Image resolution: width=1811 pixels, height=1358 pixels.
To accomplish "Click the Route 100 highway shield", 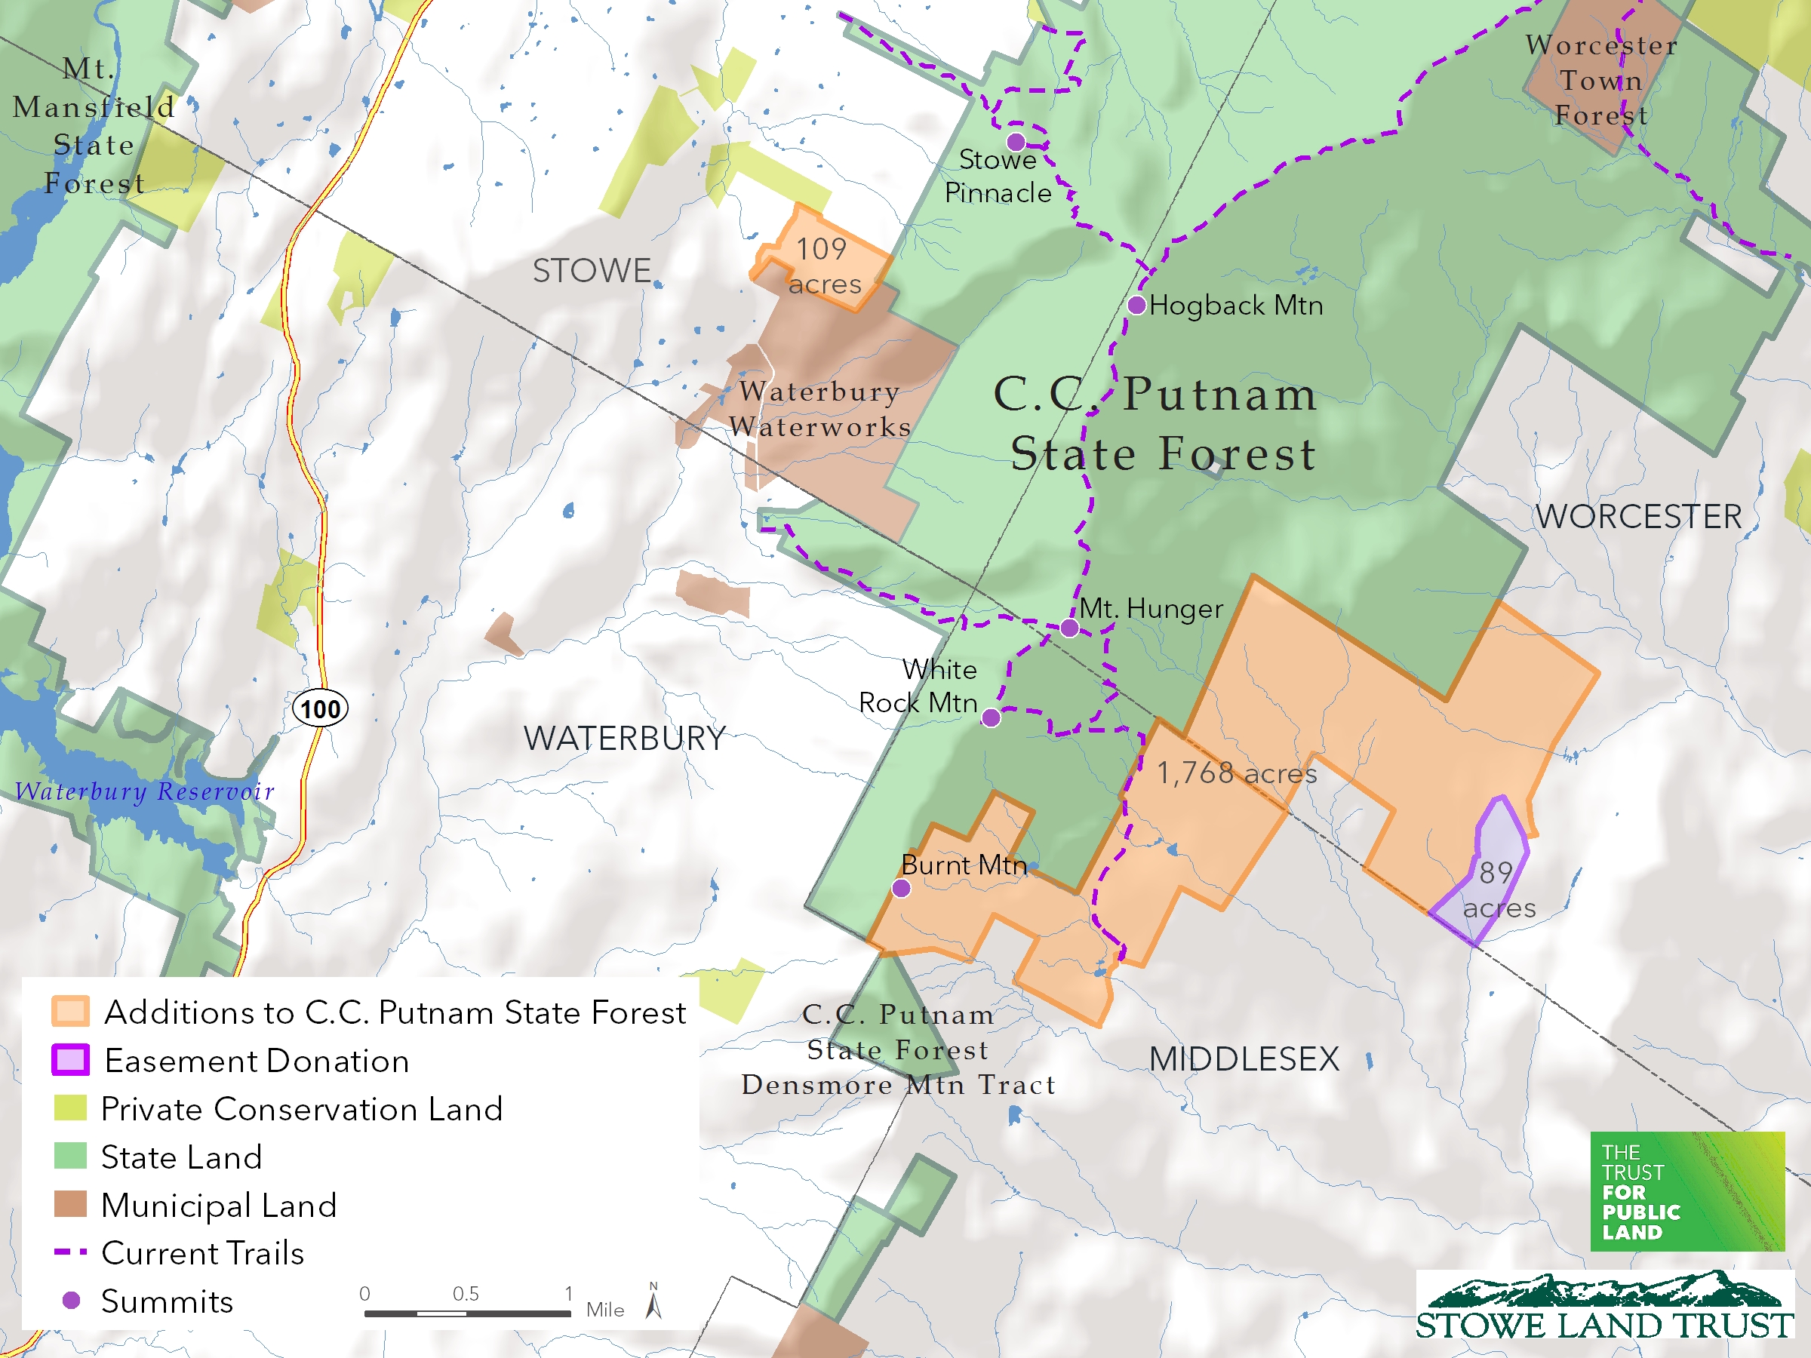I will coord(320,708).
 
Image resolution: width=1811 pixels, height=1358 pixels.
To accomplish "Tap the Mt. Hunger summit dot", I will coord(1069,628).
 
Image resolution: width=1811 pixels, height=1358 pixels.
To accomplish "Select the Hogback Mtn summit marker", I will coord(1136,306).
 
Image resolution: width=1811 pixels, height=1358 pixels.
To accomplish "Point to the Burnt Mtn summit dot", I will coord(900,888).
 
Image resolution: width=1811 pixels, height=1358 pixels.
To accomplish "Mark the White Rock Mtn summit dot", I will coord(991,718).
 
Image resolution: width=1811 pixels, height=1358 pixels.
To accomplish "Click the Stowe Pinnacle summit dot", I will coord(1016,142).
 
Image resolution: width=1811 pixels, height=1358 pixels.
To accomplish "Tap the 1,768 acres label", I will coord(1236,773).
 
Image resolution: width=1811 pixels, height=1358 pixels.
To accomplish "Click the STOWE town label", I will coord(592,271).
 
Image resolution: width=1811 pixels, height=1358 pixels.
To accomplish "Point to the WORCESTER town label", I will coord(1638,517).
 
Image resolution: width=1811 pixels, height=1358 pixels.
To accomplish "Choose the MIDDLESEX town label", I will coord(1244,1059).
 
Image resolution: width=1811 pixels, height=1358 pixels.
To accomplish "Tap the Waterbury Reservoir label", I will coord(145,791).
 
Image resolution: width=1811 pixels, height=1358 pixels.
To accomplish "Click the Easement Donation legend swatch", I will coord(70,1060).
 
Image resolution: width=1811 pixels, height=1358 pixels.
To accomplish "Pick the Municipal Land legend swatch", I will coord(70,1204).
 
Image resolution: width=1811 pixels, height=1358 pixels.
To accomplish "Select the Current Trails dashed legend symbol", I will coord(70,1252).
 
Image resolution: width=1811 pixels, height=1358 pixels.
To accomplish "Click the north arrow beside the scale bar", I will coord(653,1301).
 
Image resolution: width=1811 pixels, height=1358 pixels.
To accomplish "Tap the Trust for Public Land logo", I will coord(1686,1191).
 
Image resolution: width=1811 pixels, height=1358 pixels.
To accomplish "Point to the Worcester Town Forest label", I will coord(1601,80).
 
